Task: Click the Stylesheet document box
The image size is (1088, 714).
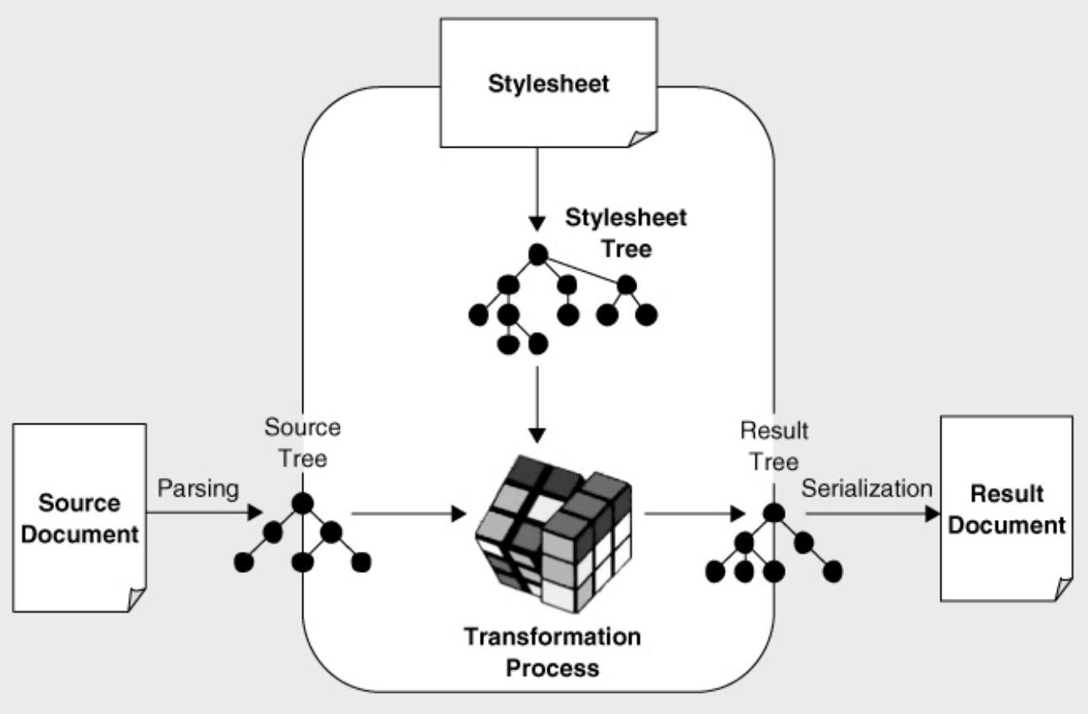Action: [x=548, y=83]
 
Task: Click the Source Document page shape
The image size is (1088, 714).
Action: [x=79, y=517]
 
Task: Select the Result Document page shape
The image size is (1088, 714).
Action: [x=1006, y=509]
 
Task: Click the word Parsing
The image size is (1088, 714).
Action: [x=198, y=488]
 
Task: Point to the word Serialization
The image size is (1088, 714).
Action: [x=866, y=488]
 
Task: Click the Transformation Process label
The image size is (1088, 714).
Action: [x=552, y=652]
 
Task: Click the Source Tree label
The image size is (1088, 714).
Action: [x=303, y=442]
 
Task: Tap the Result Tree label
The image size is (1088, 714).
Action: [x=774, y=445]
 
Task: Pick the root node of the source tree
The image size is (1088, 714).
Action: [x=302, y=503]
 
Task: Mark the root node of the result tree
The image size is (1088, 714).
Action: [x=773, y=513]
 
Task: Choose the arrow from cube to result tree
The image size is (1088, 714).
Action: [x=693, y=514]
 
